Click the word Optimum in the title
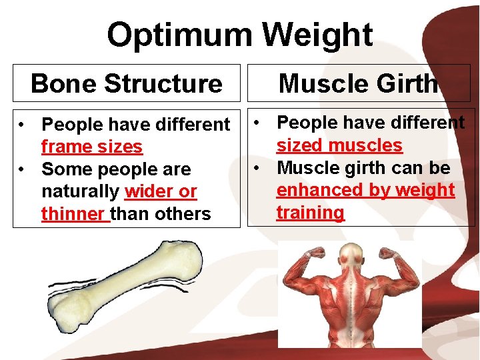coord(179,35)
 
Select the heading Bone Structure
coord(127,83)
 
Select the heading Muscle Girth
coord(359,83)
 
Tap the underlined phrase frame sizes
coord(92,147)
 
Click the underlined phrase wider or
coord(161,191)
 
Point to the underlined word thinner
coord(74,214)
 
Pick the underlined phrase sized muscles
coord(339,145)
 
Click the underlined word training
coord(311,213)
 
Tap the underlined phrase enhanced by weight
coord(365,190)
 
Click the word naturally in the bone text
coord(81,191)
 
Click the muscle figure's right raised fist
coord(389,252)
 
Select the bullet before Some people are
coord(23,169)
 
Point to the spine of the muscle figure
coord(349,300)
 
